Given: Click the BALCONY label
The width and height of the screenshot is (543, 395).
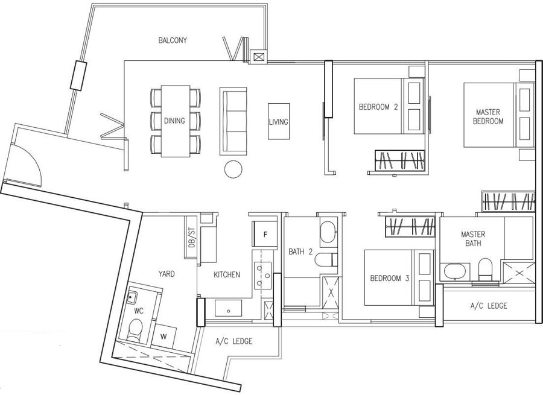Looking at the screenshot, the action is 173,40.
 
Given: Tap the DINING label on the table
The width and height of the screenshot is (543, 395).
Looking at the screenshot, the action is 174,121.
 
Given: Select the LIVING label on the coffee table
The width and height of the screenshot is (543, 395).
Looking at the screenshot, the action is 278,122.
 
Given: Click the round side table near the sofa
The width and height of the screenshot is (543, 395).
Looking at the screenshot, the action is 233,169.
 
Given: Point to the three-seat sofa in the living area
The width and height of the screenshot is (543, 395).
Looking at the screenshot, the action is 233,121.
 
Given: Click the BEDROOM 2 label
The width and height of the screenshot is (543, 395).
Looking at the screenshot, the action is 378,107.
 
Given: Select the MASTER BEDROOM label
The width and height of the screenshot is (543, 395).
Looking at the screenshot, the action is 488,116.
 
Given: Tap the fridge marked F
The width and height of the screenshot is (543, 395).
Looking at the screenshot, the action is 265,235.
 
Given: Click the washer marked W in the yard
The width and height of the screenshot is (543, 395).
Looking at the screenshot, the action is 164,336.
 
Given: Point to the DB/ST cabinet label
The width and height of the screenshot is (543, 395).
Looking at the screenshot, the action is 191,238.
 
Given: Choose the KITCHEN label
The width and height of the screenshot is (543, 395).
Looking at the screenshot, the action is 226,274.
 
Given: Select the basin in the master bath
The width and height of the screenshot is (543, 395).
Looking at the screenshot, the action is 455,271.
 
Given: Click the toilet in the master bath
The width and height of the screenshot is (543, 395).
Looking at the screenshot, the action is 485,269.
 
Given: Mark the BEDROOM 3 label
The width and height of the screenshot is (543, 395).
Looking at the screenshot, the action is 390,278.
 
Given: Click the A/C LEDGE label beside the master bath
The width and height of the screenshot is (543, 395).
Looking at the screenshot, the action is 489,306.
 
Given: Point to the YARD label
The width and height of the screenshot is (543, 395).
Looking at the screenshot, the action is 167,274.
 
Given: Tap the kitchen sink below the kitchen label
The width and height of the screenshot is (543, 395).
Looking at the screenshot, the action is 228,308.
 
